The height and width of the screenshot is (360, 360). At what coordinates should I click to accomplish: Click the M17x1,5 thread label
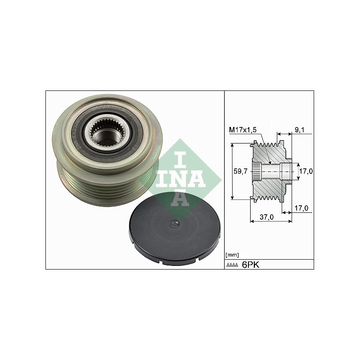click(x=243, y=130)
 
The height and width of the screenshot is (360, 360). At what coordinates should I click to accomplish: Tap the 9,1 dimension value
click(x=299, y=130)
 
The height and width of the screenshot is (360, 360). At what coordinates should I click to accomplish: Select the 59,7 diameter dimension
click(x=240, y=171)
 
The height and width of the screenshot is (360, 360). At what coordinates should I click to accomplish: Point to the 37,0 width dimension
click(x=266, y=217)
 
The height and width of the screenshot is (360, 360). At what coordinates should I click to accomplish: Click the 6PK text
click(x=251, y=265)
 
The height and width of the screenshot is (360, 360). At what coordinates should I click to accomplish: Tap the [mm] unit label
click(x=232, y=255)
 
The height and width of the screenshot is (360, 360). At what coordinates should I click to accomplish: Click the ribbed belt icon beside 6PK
click(x=232, y=265)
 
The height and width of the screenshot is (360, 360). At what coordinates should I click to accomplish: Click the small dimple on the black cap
click(x=174, y=223)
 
